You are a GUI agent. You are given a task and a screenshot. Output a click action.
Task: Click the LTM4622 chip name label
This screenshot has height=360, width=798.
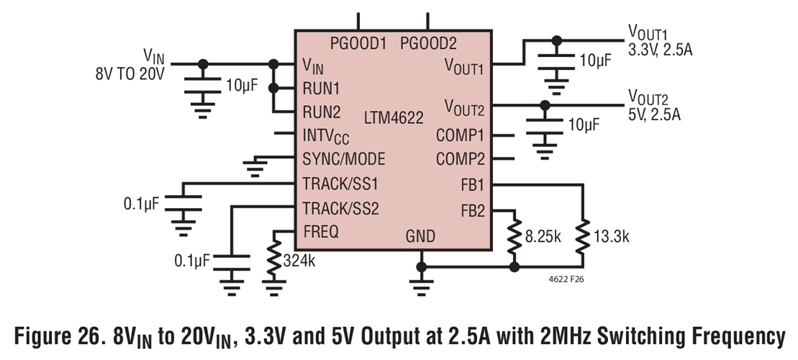394,117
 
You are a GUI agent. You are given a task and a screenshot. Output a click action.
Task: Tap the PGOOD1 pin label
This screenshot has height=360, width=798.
358,43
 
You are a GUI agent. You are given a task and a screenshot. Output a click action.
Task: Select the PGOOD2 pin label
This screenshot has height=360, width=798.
429,43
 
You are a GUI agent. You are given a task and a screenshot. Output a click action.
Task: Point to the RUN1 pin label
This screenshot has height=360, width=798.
321,89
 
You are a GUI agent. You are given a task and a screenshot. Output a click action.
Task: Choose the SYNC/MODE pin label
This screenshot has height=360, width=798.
343,159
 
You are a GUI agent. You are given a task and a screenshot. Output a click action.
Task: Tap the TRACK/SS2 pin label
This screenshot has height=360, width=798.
340,209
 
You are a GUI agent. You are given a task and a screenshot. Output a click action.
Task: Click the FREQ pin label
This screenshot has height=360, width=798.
321,232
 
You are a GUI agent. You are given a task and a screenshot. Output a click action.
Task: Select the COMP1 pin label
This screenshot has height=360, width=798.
460,135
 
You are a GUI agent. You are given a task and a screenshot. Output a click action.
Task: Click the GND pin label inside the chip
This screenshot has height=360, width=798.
420,235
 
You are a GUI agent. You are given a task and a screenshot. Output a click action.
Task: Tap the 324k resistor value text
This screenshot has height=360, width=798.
299,260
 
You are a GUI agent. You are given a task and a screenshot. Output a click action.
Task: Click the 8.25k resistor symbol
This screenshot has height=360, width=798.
514,236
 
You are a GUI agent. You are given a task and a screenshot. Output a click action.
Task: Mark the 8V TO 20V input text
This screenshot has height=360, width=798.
130,73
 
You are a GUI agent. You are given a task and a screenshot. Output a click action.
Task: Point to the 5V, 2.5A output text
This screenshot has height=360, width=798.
654,114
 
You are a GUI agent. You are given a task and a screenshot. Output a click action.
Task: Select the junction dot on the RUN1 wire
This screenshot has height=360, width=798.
273,89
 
